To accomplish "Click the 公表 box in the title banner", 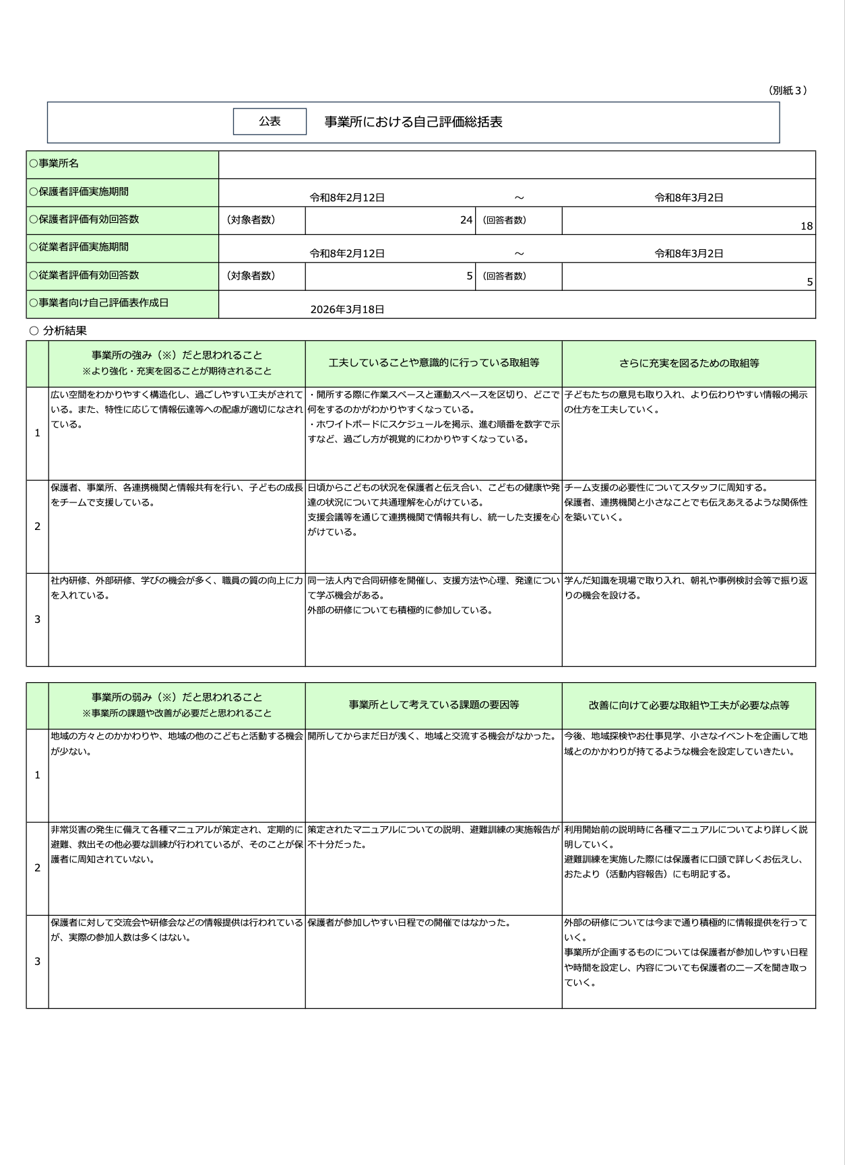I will pyautogui.click(x=270, y=121).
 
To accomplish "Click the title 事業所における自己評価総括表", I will pyautogui.click(x=413, y=122).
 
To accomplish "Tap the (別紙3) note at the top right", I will pyautogui.click(x=787, y=90).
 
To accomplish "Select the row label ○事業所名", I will pyautogui.click(x=55, y=164).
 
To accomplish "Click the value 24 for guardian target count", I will pyautogui.click(x=466, y=220).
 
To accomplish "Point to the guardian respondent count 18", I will pyautogui.click(x=806, y=226).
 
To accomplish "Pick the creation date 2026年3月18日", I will pyautogui.click(x=347, y=309).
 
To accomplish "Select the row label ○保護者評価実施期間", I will pyautogui.click(x=79, y=191).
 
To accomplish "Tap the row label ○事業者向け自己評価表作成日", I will pyautogui.click(x=98, y=302).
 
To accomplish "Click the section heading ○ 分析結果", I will pyautogui.click(x=59, y=331).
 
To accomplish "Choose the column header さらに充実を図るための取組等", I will pyautogui.click(x=689, y=363).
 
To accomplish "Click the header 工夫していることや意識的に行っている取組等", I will pyautogui.click(x=433, y=363).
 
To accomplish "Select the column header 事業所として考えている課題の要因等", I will pyautogui.click(x=433, y=705).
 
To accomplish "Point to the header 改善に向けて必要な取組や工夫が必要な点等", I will pyautogui.click(x=689, y=705).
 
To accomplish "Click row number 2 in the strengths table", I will pyautogui.click(x=37, y=526).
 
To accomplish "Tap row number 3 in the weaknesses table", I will pyautogui.click(x=37, y=961).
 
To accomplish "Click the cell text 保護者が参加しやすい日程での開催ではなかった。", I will pyautogui.click(x=409, y=923).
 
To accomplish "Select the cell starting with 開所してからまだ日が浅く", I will pyautogui.click(x=433, y=736).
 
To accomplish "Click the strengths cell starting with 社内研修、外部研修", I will pyautogui.click(x=177, y=587).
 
